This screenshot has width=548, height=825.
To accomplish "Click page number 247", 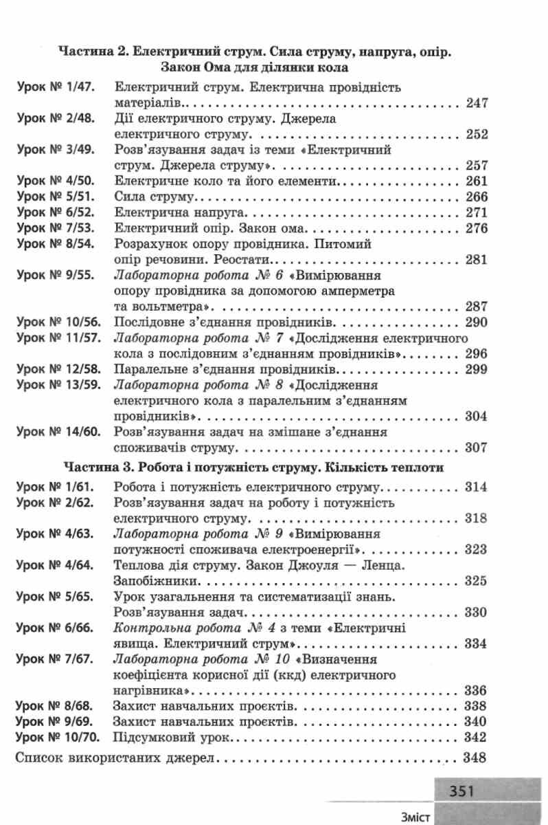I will pos(475,104).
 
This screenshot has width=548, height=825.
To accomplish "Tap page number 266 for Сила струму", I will pos(475,197).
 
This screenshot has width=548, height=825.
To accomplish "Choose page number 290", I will pos(475,322).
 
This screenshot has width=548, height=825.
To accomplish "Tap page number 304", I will pos(475,417).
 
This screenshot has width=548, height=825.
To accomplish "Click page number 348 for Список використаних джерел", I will pos(475,759).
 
